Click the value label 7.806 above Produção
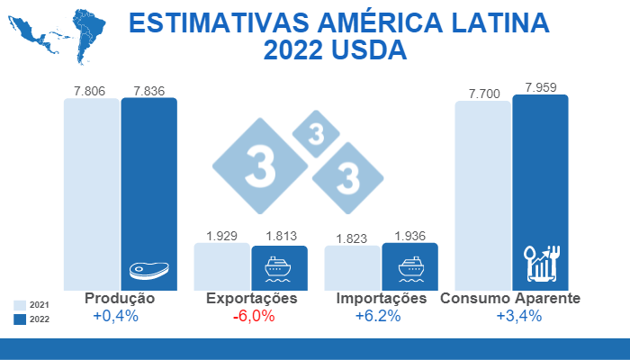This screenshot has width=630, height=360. [91, 91]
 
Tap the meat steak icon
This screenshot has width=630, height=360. [148, 269]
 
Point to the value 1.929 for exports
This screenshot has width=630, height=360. [221, 237]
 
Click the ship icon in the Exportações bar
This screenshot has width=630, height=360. [279, 268]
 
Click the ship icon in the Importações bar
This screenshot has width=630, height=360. [409, 267]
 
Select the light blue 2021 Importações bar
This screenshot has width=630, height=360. [352, 268]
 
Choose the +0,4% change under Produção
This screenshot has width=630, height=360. [115, 316]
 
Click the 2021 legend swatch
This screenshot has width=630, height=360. [20, 305]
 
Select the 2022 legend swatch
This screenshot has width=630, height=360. [20, 319]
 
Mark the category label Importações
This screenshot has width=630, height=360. [381, 299]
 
